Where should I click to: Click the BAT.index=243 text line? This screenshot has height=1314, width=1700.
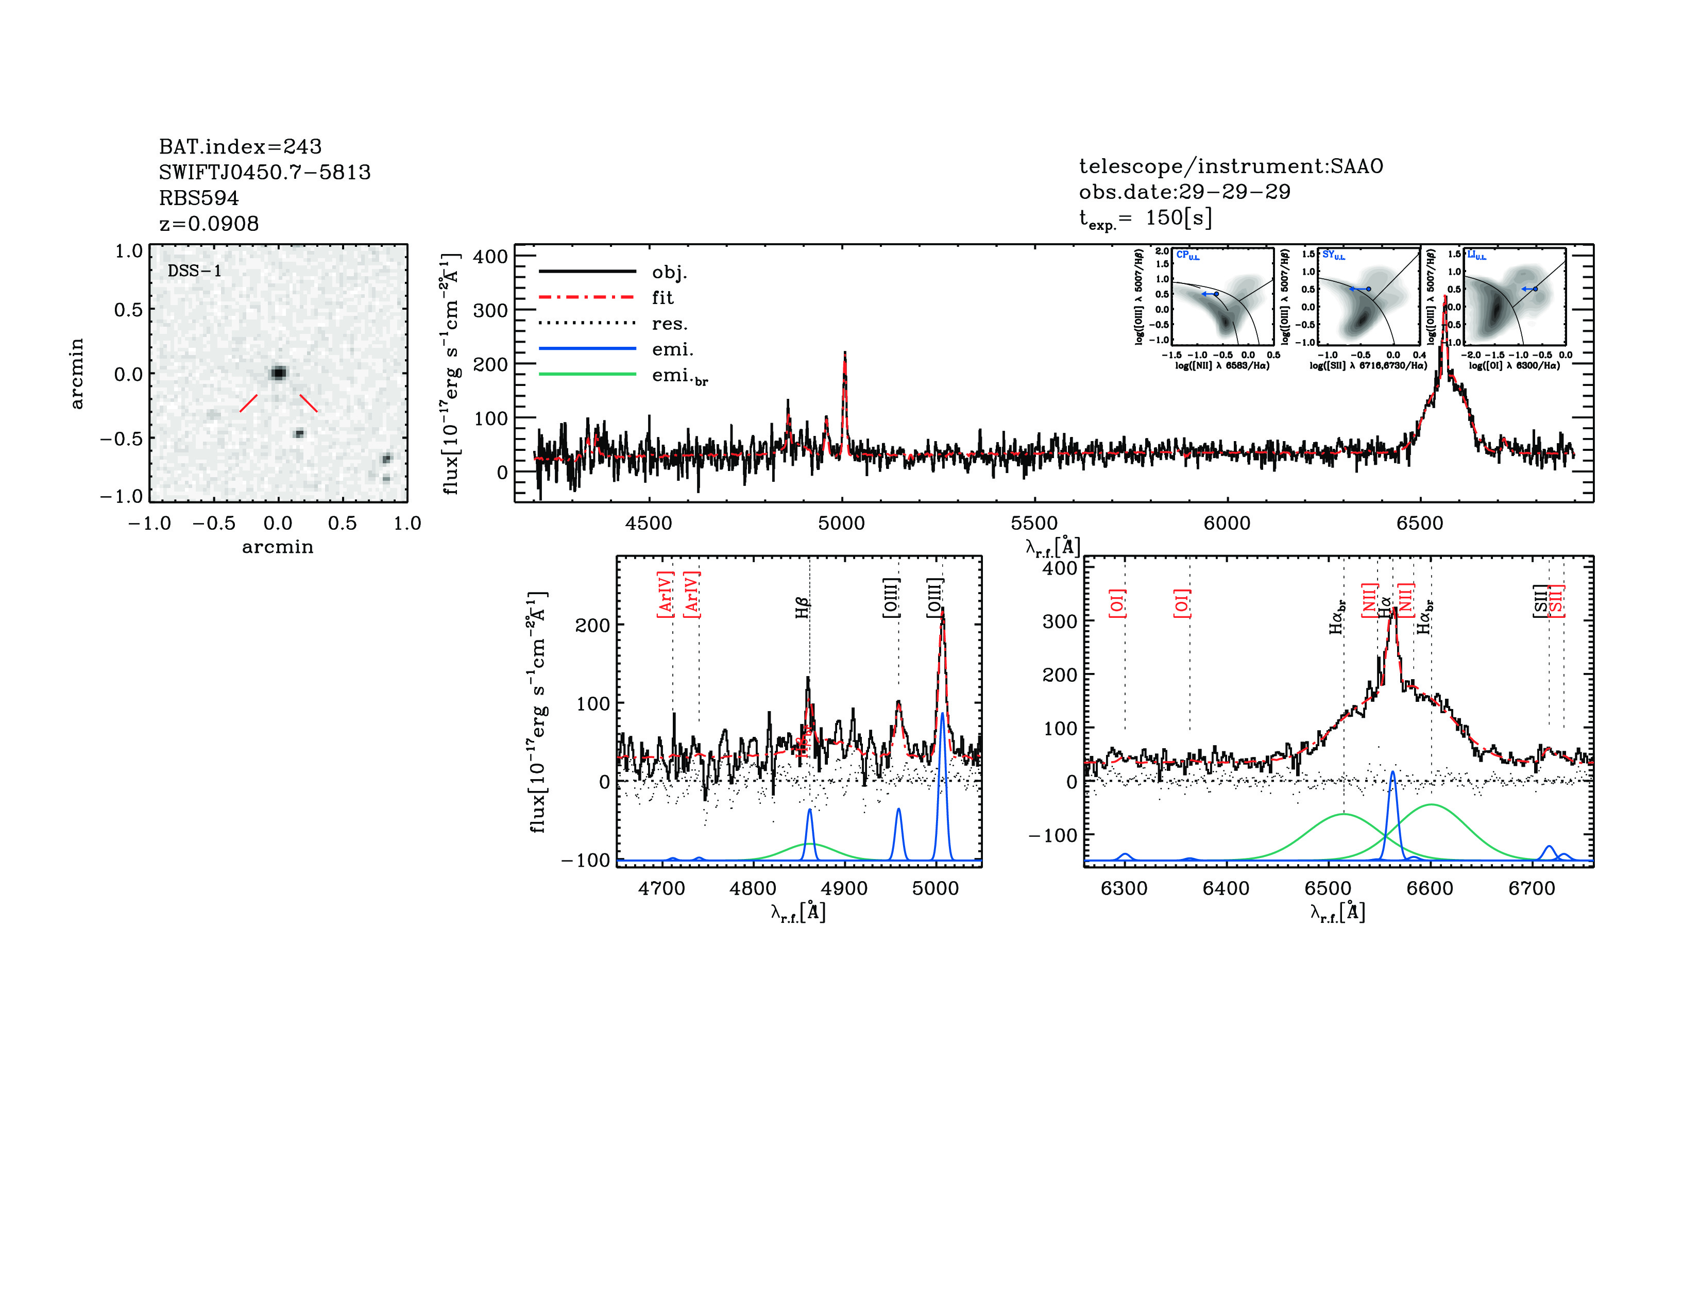(x=240, y=146)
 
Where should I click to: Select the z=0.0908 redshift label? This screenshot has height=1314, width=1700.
(x=209, y=224)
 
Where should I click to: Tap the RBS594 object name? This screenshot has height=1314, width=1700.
(x=198, y=198)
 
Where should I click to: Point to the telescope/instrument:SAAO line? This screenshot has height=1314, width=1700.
(x=1231, y=166)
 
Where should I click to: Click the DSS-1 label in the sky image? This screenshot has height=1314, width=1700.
(x=195, y=271)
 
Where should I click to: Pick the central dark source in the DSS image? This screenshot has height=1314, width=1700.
(x=278, y=373)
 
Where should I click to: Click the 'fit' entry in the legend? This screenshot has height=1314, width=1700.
(x=662, y=297)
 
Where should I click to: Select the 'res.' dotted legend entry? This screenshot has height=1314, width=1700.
(x=669, y=323)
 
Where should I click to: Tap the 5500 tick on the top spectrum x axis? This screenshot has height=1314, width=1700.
(x=1034, y=523)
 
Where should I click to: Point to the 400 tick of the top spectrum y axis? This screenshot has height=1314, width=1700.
(x=490, y=256)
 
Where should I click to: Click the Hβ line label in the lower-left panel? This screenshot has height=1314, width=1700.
(x=803, y=607)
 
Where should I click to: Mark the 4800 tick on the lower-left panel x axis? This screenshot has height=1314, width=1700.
(x=753, y=888)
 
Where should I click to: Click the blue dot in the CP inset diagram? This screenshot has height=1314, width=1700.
(x=1216, y=294)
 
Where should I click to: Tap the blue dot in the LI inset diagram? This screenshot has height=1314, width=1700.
(x=1535, y=289)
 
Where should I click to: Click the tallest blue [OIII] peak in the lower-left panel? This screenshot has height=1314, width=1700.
(x=942, y=713)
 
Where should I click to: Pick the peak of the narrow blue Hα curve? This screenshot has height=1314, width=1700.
(x=1392, y=772)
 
